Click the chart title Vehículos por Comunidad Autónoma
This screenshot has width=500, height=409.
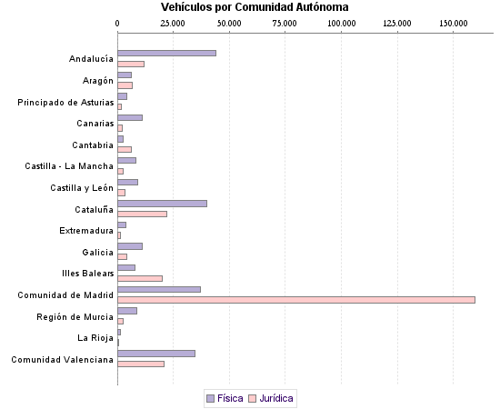pyautogui.click(x=254, y=7)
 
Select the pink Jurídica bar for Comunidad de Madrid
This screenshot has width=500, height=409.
pyautogui.click(x=296, y=300)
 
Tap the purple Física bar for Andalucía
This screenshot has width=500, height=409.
pyautogui.click(x=166, y=53)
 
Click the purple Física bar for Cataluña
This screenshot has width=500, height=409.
pyautogui.click(x=162, y=203)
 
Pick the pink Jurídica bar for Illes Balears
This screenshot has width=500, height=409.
pyautogui.click(x=140, y=278)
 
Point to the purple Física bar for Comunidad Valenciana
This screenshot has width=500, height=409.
pyautogui.click(x=156, y=353)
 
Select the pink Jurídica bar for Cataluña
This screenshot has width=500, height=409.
pyautogui.click(x=142, y=214)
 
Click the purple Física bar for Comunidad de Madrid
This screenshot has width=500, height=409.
pyautogui.click(x=159, y=289)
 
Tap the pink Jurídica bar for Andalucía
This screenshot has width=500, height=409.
pyautogui.click(x=131, y=64)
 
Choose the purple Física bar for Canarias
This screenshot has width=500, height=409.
pyautogui.click(x=130, y=117)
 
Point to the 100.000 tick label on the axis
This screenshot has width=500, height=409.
pyautogui.click(x=342, y=21)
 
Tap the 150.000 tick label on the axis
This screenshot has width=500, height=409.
pyautogui.click(x=453, y=21)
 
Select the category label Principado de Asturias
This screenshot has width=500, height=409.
pyautogui.click(x=65, y=102)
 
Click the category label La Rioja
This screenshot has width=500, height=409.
pyautogui.click(x=95, y=337)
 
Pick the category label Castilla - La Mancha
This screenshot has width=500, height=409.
pyautogui.click(x=69, y=165)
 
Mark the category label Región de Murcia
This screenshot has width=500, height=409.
pyautogui.click(x=75, y=316)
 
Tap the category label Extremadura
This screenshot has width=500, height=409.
pyautogui.click(x=86, y=230)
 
